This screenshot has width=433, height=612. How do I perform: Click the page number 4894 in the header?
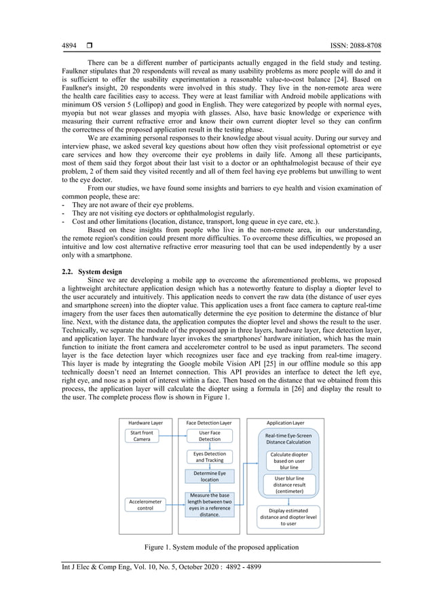click(69, 46)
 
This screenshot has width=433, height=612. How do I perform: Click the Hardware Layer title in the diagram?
click(145, 422)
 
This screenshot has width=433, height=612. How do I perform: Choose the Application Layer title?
click(285, 422)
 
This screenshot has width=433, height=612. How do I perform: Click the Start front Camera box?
click(142, 436)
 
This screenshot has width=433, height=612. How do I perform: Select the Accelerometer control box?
click(145, 504)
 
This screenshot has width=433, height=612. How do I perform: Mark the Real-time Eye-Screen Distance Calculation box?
click(288, 438)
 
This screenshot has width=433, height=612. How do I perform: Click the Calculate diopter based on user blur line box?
click(289, 461)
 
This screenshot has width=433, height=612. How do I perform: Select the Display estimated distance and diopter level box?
click(288, 516)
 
